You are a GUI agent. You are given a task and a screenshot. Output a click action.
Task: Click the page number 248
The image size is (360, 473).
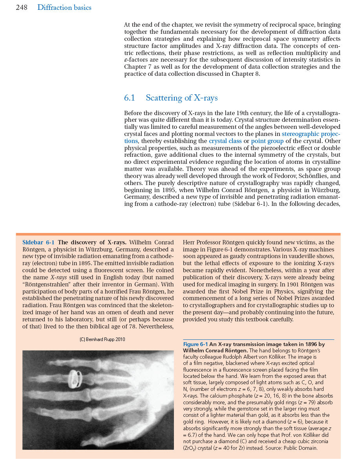click(21, 7)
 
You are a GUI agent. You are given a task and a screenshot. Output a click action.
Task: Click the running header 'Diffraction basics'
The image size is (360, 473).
click(64, 7)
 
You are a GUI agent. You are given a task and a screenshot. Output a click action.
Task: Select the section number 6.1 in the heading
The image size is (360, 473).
click(130, 98)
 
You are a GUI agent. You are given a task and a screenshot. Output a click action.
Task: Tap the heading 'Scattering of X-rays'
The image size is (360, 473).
click(182, 98)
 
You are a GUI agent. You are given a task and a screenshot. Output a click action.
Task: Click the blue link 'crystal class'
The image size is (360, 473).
click(225, 141)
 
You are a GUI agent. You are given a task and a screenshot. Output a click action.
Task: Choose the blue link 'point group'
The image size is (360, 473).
click(267, 141)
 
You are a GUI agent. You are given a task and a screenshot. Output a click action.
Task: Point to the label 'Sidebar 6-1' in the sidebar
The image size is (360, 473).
click(38, 242)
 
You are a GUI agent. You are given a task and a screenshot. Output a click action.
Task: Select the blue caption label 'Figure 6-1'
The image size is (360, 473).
click(195, 345)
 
